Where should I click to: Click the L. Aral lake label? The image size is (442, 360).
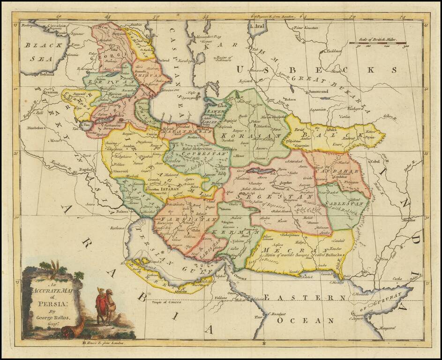(257, 27)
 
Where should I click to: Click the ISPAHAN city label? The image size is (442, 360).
(170, 188)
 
